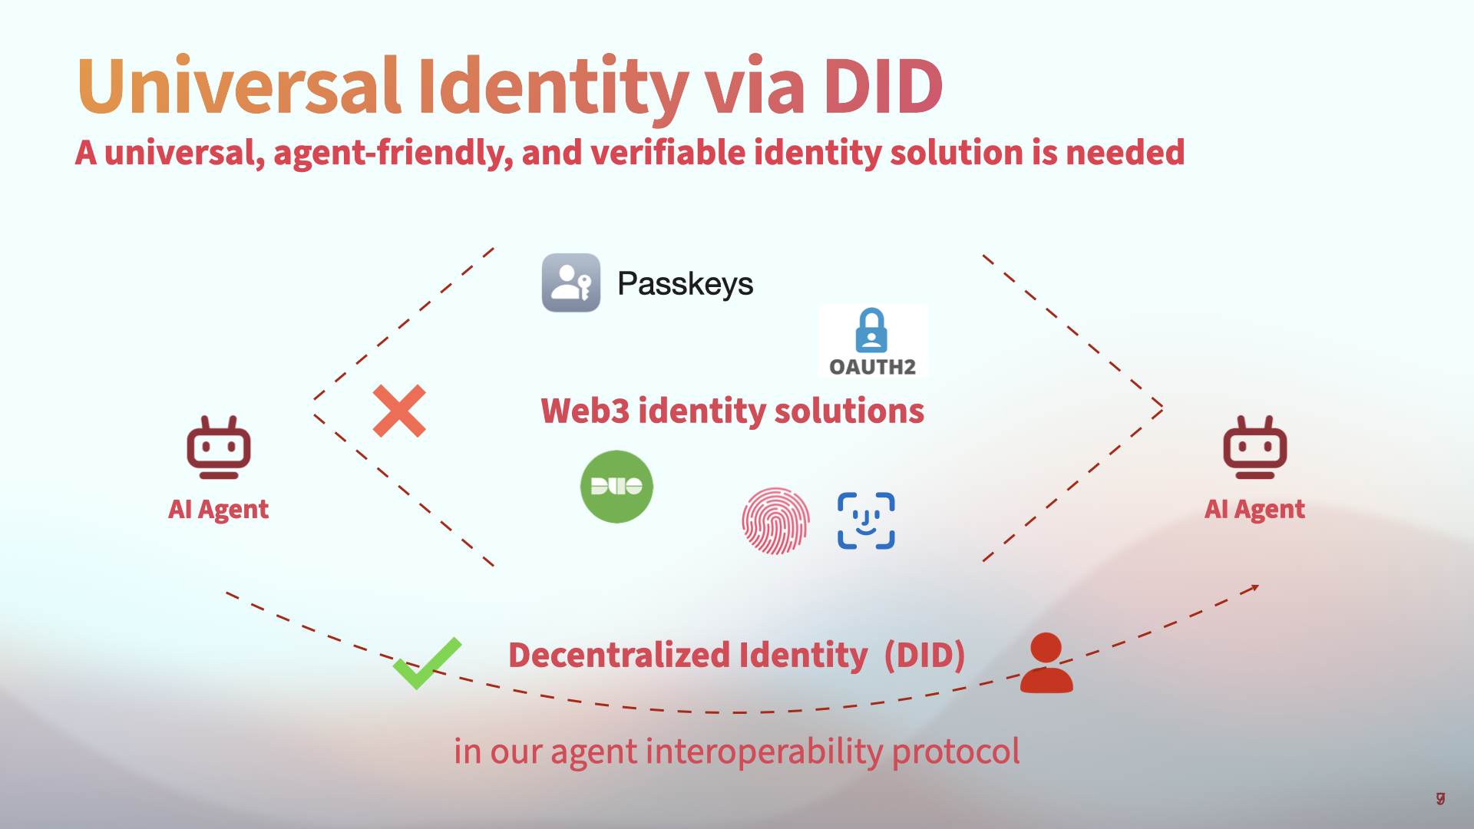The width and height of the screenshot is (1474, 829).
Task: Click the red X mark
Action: tap(399, 411)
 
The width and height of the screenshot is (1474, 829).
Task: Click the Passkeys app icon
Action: tap(571, 282)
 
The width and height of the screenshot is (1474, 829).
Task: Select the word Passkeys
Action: tap(685, 284)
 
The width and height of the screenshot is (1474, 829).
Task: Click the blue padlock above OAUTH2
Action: tap(871, 330)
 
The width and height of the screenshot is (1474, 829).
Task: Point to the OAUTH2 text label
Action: tap(873, 367)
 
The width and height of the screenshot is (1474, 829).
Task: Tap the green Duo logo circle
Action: tap(616, 487)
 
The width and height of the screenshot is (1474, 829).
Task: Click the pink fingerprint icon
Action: tap(775, 520)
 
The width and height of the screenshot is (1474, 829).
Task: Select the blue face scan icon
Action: tap(866, 520)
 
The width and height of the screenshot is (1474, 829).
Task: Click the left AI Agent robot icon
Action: tap(219, 448)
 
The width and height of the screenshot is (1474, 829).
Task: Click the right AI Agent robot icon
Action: tap(1255, 448)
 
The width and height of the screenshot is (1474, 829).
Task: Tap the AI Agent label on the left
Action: tap(218, 510)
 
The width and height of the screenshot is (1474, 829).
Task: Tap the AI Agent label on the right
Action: tap(1254, 510)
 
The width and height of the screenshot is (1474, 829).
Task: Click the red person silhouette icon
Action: tap(1046, 663)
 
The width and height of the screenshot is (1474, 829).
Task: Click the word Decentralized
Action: tap(619, 656)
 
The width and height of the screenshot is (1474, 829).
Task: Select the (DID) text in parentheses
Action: tap(924, 656)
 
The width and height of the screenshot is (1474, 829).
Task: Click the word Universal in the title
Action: tap(239, 86)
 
